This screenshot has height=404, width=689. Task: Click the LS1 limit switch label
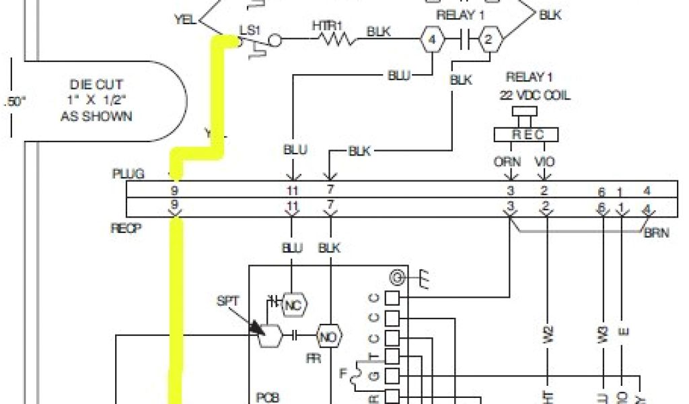(250, 30)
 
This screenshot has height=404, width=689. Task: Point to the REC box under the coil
(528, 135)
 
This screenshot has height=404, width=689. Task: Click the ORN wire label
(507, 162)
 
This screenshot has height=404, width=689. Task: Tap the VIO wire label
(544, 162)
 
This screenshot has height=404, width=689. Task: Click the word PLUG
(128, 174)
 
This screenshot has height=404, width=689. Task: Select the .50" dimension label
(13, 102)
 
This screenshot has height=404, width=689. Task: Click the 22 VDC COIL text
(535, 96)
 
